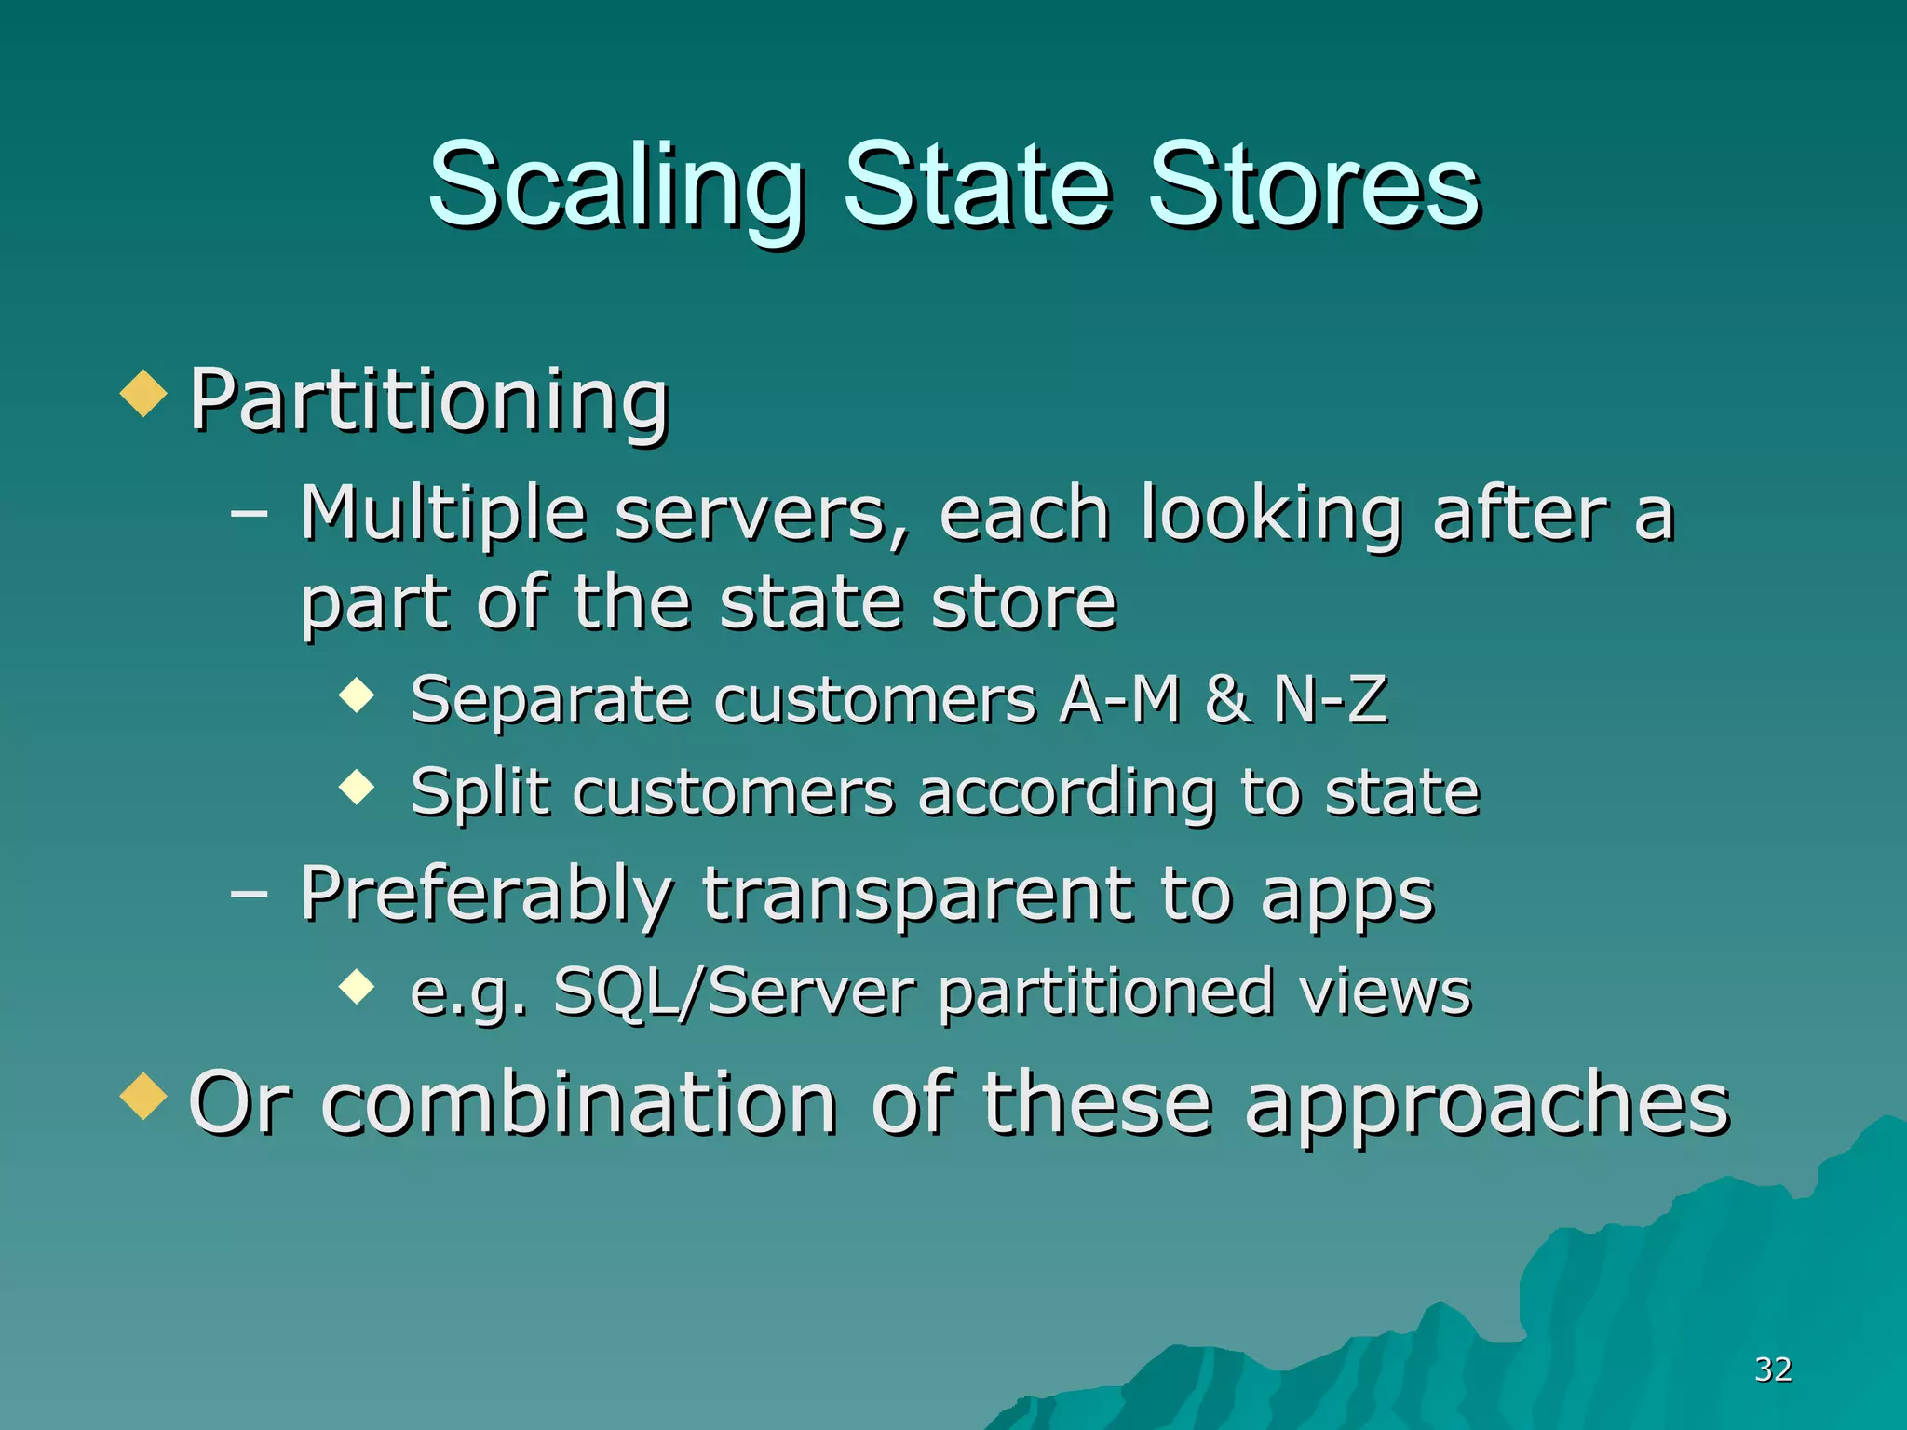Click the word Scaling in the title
[x=616, y=186]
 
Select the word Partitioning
[x=429, y=402]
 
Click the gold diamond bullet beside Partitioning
[x=143, y=393]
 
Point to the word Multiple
[x=443, y=515]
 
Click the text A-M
[x=1121, y=700]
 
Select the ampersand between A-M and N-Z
[x=1227, y=700]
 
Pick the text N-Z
[x=1331, y=700]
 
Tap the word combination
[x=579, y=1104]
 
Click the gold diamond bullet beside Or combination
[x=143, y=1096]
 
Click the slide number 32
[x=1773, y=1369]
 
